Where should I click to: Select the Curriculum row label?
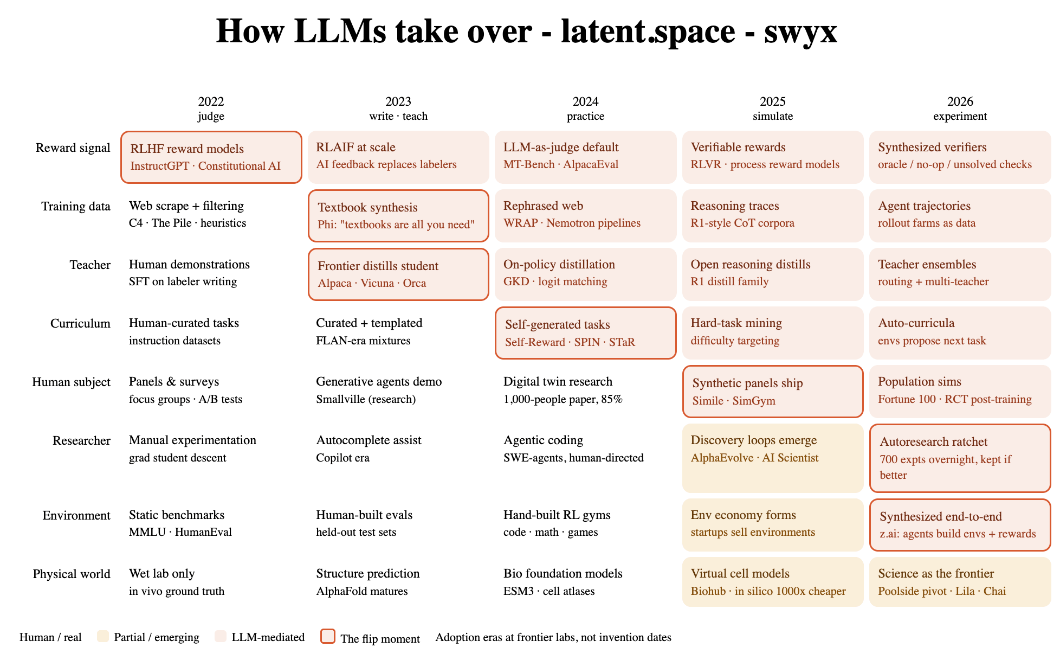80,324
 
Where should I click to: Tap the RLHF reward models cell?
211,157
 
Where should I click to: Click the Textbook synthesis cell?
398,216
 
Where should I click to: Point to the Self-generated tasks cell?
586,333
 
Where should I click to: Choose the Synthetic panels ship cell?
773,392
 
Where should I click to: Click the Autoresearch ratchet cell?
960,458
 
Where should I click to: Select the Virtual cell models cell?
773,582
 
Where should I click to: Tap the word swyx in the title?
800,31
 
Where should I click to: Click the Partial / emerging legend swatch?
103,636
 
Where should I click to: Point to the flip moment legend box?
328,636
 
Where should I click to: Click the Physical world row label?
72,574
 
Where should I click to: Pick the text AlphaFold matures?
362,591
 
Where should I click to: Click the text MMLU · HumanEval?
180,532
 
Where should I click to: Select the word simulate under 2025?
773,116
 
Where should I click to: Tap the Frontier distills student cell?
398,274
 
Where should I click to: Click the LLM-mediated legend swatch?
221,636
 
